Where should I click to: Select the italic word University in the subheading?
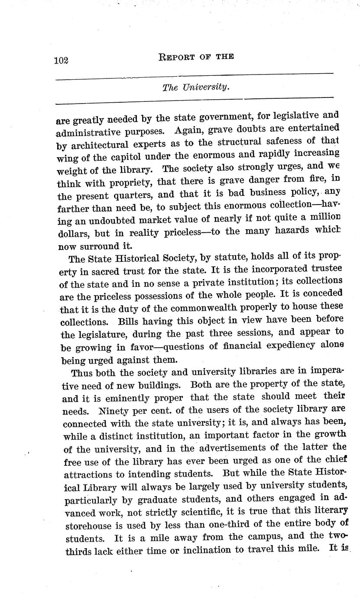point(205,87)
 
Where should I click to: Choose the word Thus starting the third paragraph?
point(83,372)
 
